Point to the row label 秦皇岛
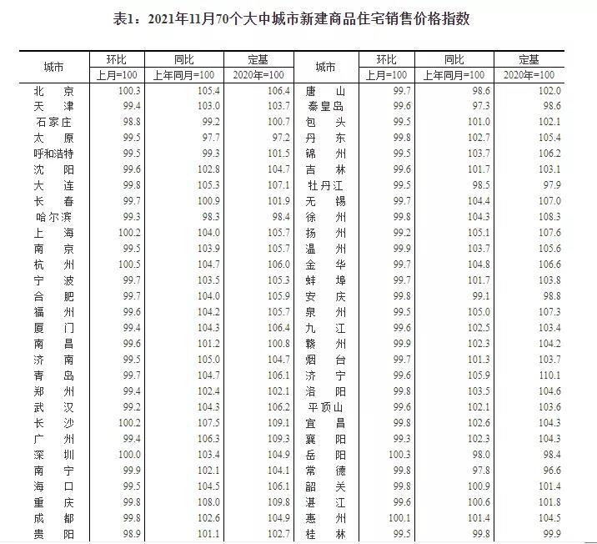point(325,106)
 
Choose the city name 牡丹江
point(325,185)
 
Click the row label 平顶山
point(325,407)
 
